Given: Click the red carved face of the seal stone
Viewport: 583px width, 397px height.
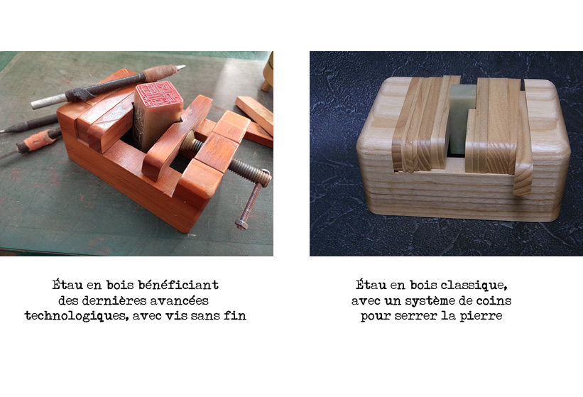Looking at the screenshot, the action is point(159,97).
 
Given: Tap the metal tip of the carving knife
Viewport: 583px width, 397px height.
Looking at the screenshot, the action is point(180,67).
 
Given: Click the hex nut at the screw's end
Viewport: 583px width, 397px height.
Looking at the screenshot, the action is point(241,224).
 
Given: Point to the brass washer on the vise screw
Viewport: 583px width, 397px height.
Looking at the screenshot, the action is point(187,144).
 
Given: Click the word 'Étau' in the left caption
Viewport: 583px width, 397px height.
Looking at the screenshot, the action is point(67,285).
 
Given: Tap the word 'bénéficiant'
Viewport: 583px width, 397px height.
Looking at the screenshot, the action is point(178,285).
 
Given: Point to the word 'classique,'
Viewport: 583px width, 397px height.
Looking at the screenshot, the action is point(474,285).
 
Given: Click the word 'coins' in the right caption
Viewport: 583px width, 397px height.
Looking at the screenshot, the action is point(494,300).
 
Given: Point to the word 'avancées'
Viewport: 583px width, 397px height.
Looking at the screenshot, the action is point(179,300).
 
